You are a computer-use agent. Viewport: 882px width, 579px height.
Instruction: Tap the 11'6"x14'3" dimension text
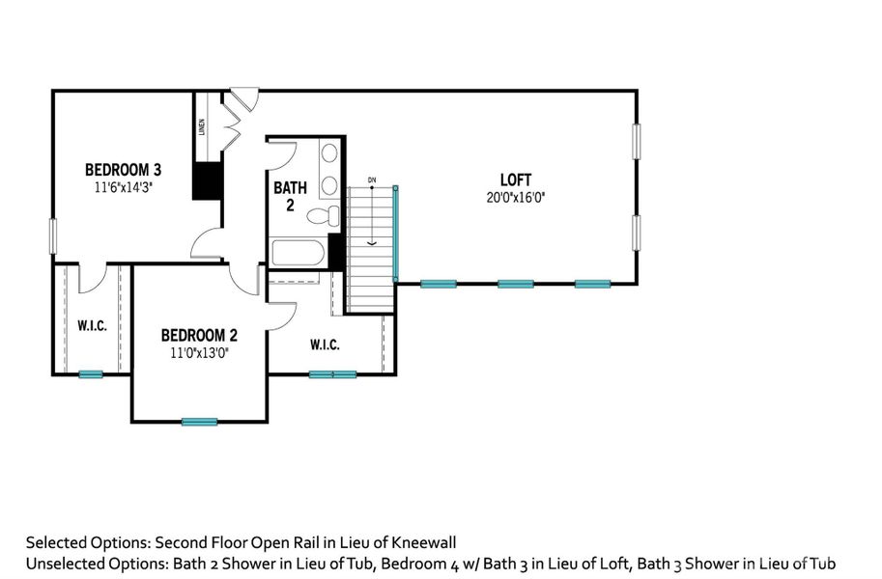(x=123, y=187)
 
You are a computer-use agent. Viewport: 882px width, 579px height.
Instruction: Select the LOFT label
(x=515, y=179)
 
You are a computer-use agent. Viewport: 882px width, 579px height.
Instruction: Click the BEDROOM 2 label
(x=199, y=335)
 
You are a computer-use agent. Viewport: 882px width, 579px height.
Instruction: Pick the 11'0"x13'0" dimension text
(x=199, y=352)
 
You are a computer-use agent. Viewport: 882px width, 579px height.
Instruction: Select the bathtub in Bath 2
(x=300, y=254)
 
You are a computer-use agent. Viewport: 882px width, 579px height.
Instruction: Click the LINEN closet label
(x=202, y=127)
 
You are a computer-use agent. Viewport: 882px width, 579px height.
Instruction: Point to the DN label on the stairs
(x=371, y=180)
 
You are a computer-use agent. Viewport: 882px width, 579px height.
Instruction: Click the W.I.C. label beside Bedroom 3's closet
(x=92, y=325)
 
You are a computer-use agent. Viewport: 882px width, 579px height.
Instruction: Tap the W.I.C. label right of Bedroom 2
(x=325, y=345)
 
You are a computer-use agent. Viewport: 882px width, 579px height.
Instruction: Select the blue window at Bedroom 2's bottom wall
(x=200, y=421)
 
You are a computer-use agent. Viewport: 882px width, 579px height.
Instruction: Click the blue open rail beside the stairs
(x=395, y=233)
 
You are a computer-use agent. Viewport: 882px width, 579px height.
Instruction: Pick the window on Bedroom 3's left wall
(x=53, y=236)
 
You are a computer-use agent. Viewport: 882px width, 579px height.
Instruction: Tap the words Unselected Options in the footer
(x=87, y=563)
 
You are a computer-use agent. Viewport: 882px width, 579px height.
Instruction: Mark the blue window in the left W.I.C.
(x=91, y=373)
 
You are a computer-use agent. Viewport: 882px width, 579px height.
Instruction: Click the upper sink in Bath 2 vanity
(x=328, y=153)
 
